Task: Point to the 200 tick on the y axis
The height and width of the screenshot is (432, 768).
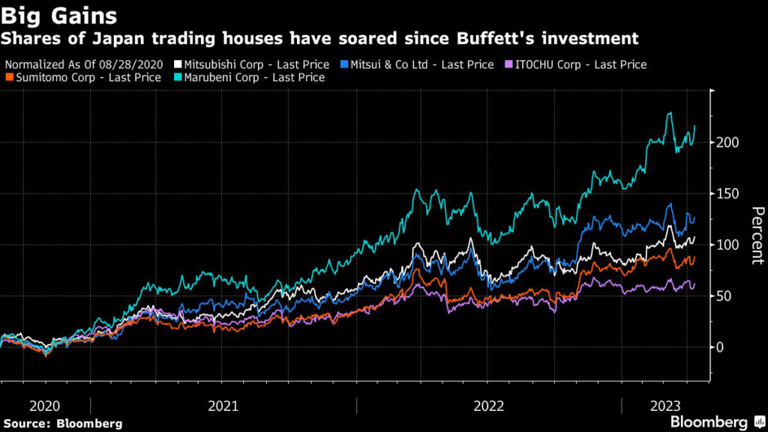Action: coord(727,142)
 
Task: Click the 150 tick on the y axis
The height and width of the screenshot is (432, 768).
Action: coord(727,193)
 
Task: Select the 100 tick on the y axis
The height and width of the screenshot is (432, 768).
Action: coord(727,245)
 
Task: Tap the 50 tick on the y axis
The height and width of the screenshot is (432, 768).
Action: coord(724,296)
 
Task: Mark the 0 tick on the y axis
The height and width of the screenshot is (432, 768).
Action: coord(721,347)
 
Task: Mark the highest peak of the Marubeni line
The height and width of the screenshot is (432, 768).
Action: coord(669,113)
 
